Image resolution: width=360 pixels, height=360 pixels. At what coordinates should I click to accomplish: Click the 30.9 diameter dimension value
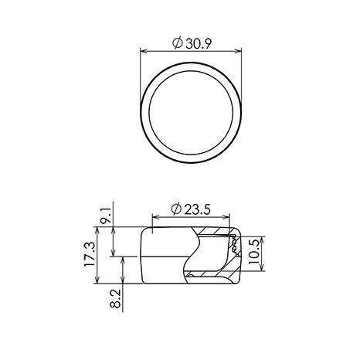click(x=199, y=44)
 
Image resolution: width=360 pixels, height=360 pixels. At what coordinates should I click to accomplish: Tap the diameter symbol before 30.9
click(x=178, y=43)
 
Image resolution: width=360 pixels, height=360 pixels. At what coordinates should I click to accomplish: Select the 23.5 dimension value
click(x=198, y=209)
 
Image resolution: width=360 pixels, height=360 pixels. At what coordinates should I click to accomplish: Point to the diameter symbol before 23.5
click(x=176, y=209)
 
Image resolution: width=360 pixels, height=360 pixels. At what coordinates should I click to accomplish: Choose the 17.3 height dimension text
click(x=90, y=255)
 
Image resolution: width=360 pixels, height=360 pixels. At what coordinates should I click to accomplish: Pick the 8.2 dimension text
click(x=116, y=298)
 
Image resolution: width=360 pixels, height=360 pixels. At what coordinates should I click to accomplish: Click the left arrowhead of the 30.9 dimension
click(x=144, y=51)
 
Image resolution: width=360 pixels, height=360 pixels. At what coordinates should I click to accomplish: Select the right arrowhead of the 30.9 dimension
click(x=238, y=51)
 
